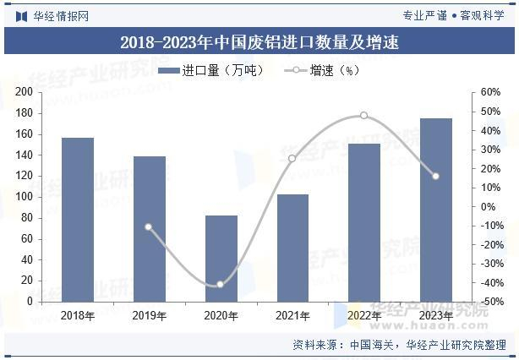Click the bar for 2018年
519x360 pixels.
click(78, 220)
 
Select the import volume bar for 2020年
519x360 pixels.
click(221, 259)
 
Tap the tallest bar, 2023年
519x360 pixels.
click(436, 210)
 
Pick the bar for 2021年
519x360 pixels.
click(293, 248)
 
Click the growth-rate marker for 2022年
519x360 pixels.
click(363, 116)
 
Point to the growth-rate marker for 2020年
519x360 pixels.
click(220, 284)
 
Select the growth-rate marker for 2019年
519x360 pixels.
click(149, 227)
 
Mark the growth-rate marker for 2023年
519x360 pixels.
click(435, 177)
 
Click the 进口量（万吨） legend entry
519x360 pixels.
click(211, 70)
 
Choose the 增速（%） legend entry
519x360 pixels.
click(322, 70)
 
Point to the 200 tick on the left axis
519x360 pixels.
click(24, 91)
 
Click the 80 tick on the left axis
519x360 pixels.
click(27, 218)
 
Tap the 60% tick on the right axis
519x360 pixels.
click(490, 92)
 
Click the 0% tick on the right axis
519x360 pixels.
click(489, 207)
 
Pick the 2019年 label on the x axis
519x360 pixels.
click(150, 316)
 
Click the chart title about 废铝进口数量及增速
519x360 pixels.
click(259, 42)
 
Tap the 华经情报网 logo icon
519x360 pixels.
click(21, 16)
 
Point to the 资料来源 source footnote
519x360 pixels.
click(399, 345)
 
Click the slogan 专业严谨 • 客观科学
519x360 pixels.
click(453, 15)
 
